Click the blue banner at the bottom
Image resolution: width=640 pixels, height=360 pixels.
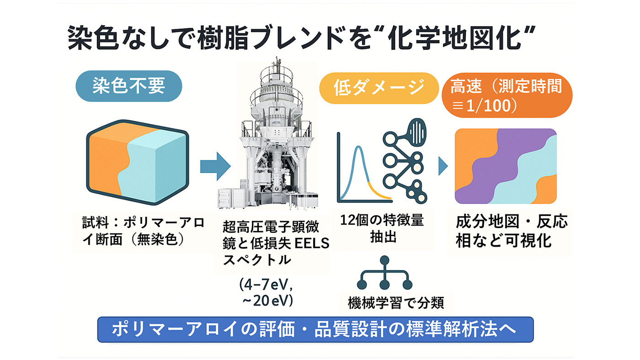pyautogui.click(x=315, y=329)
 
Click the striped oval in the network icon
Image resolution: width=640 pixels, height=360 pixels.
pyautogui.click(x=419, y=132)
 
